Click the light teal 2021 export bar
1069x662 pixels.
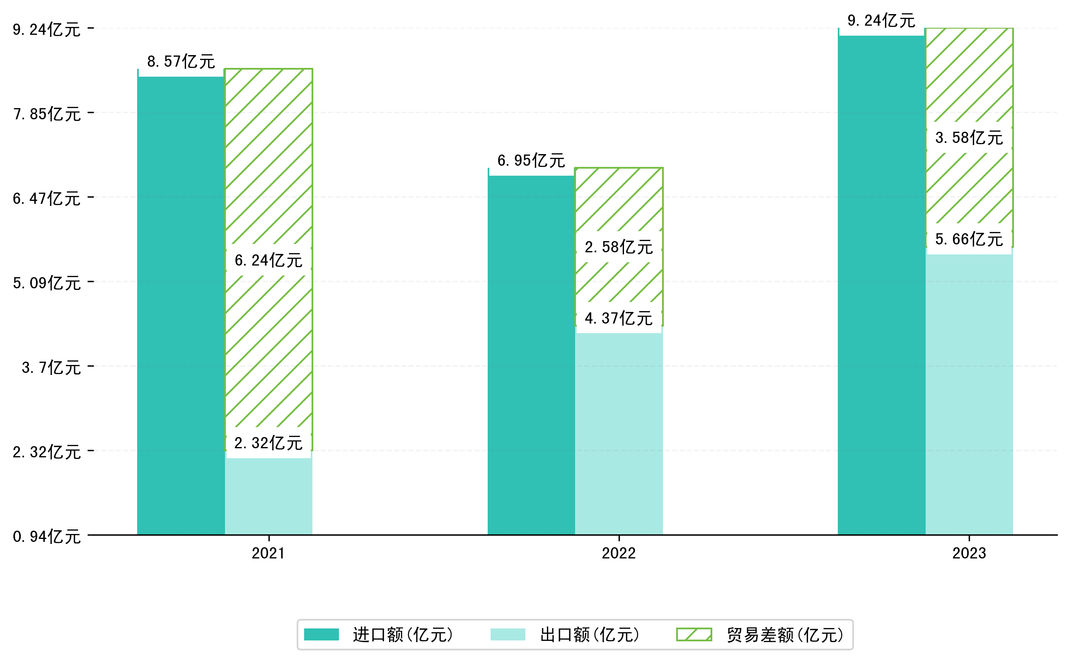(x=268, y=497)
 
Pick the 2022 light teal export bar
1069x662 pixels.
(x=618, y=433)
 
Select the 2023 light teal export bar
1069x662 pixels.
(x=969, y=394)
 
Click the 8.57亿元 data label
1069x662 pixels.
(x=181, y=62)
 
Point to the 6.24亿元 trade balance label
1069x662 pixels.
(x=268, y=261)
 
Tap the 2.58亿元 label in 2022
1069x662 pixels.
(x=618, y=247)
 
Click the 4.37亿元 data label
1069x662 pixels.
(x=618, y=319)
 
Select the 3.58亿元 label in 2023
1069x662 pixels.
(x=969, y=138)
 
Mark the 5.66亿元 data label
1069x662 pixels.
(x=969, y=239)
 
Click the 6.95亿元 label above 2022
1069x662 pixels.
(x=531, y=161)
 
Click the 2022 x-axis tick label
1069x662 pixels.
(x=618, y=553)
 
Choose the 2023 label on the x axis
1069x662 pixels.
(x=969, y=553)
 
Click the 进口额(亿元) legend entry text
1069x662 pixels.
(x=403, y=635)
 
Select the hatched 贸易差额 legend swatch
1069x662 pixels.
(x=694, y=634)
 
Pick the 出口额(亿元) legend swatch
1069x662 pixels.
(x=508, y=634)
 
